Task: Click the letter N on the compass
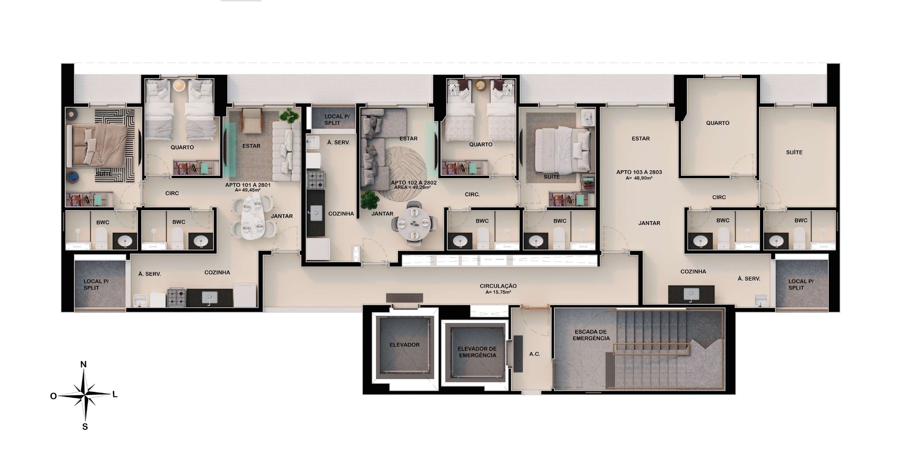pos(83,364)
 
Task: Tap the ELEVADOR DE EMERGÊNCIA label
pos(477,352)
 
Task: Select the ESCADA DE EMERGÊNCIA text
pos(591,335)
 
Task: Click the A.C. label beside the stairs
pos(535,354)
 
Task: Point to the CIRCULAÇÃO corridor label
pos(498,286)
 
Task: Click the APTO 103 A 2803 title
pos(639,172)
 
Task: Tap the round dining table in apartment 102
pos(414,224)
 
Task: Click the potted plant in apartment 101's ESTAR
pos(289,115)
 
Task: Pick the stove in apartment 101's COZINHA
pos(176,297)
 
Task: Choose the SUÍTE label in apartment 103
pos(794,152)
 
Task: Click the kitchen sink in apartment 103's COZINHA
pos(691,294)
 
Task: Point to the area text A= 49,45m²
pos(248,190)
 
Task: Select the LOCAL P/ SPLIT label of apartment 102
pos(337,119)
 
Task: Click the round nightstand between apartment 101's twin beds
pos(179,85)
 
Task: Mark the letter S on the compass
pos(85,427)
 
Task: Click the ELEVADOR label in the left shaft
pos(404,345)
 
